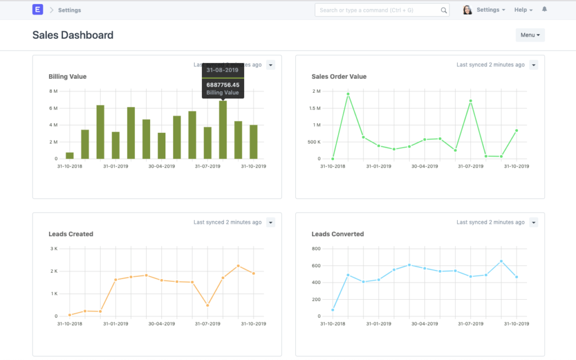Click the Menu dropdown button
click(530, 35)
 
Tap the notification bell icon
click(544, 10)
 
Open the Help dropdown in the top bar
click(523, 10)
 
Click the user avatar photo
click(467, 10)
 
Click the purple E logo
click(38, 10)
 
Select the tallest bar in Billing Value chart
click(223, 129)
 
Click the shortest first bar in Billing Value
click(70, 155)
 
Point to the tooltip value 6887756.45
click(223, 85)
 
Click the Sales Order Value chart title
click(339, 76)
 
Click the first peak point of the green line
click(348, 94)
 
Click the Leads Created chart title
click(71, 234)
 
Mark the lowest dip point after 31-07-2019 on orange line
click(208, 305)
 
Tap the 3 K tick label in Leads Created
click(54, 249)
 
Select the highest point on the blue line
click(501, 261)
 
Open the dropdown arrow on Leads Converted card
click(534, 222)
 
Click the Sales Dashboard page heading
click(73, 35)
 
